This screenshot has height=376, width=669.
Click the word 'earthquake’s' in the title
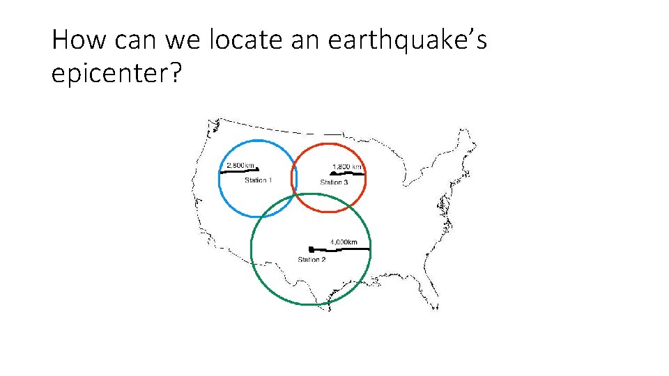coord(408,40)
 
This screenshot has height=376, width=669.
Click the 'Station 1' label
coord(258,180)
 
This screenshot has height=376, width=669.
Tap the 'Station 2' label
coord(312,260)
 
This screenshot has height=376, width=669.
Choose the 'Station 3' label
coord(334,182)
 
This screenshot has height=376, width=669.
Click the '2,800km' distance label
coord(241,166)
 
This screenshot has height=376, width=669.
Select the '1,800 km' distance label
coord(347,167)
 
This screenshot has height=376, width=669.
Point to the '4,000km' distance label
coord(344,242)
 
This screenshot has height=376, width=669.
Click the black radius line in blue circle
coord(239,171)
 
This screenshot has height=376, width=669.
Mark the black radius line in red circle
coord(346,174)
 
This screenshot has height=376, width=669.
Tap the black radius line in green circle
coord(339,248)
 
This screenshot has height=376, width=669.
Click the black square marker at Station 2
coord(310,249)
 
